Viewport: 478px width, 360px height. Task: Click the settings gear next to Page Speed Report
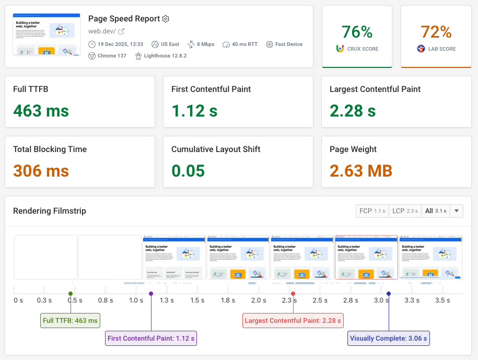pyautogui.click(x=166, y=19)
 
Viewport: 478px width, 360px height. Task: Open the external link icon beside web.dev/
pyautogui.click(x=121, y=31)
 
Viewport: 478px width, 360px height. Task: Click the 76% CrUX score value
pyautogui.click(x=357, y=32)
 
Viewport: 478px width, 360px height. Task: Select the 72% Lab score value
pyautogui.click(x=436, y=32)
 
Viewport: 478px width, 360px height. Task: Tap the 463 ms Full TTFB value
pyautogui.click(x=41, y=111)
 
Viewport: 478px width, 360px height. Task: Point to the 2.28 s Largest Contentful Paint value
pyautogui.click(x=353, y=111)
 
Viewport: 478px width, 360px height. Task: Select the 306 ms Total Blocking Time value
pyautogui.click(x=41, y=171)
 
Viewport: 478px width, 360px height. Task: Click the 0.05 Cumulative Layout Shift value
pyautogui.click(x=188, y=171)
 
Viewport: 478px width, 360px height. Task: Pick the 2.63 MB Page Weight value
pyautogui.click(x=361, y=171)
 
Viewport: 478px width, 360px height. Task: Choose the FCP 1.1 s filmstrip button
pyautogui.click(x=372, y=211)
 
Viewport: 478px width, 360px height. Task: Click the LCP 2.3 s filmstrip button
pyautogui.click(x=404, y=211)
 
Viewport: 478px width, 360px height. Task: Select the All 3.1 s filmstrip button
pyautogui.click(x=435, y=211)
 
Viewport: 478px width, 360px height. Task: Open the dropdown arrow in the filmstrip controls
pyautogui.click(x=457, y=211)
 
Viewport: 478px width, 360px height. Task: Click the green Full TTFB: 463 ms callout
pyautogui.click(x=71, y=321)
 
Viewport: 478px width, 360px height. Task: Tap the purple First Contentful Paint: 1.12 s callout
pyautogui.click(x=151, y=339)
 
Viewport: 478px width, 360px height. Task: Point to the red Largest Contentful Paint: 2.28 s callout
pyautogui.click(x=293, y=321)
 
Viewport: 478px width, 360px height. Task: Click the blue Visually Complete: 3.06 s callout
pyautogui.click(x=389, y=339)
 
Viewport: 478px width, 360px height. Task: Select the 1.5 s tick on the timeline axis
pyautogui.click(x=197, y=300)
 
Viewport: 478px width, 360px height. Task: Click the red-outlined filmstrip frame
pyautogui.click(x=366, y=257)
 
